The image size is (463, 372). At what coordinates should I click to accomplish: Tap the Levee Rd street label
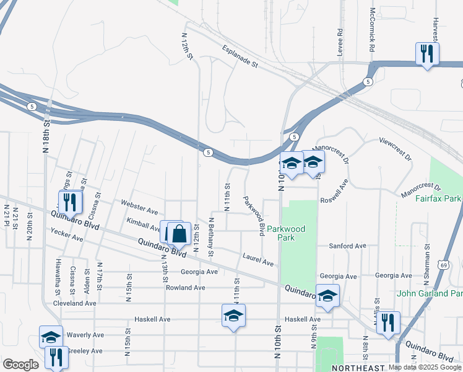click(x=340, y=42)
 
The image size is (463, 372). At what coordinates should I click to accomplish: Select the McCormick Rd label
click(x=373, y=30)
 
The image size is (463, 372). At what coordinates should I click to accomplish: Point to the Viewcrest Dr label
click(x=396, y=149)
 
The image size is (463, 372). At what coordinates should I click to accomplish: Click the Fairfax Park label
click(x=438, y=199)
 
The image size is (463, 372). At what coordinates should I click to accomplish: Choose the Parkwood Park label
click(x=286, y=232)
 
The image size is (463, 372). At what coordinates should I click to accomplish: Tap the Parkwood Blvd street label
click(x=254, y=215)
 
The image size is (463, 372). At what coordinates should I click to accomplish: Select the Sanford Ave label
click(x=348, y=246)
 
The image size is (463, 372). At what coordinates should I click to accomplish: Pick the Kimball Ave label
click(x=143, y=224)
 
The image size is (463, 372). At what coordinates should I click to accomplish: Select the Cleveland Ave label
click(x=74, y=304)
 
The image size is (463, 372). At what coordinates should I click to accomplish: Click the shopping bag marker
click(x=179, y=234)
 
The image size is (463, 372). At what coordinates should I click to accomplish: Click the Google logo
click(x=20, y=365)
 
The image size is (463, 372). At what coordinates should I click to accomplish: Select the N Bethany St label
click(x=211, y=237)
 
